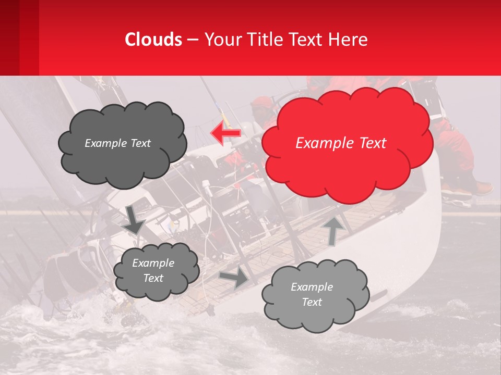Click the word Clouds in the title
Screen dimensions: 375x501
[153, 40]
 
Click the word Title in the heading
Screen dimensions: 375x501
[264, 40]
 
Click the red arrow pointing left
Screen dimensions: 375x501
[225, 132]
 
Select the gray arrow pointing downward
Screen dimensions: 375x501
[135, 219]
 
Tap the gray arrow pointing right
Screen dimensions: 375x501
[234, 278]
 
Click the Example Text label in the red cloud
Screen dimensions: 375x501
[341, 143]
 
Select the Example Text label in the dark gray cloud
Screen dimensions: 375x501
[117, 143]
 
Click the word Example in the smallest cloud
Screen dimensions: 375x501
[153, 263]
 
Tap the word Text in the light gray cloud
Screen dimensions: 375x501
[312, 302]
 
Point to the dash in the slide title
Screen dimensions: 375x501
[192, 40]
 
